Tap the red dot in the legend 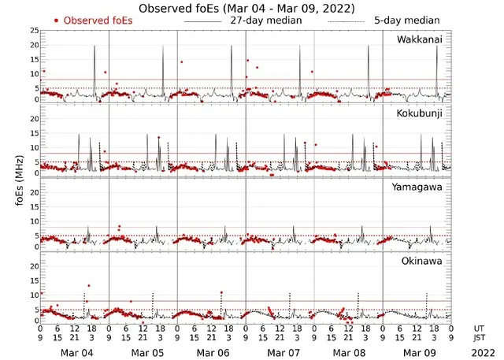click(x=57, y=20)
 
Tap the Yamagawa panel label click(x=421, y=187)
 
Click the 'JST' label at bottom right click(x=480, y=339)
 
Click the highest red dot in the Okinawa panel click(x=88, y=286)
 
